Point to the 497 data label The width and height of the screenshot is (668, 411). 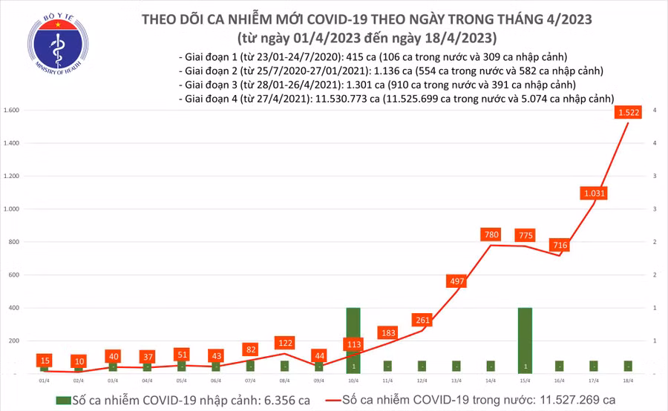tap(457, 281)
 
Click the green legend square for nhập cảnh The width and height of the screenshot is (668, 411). tap(62, 400)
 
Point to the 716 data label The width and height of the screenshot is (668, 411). tap(559, 245)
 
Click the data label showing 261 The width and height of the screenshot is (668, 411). tap(422, 320)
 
